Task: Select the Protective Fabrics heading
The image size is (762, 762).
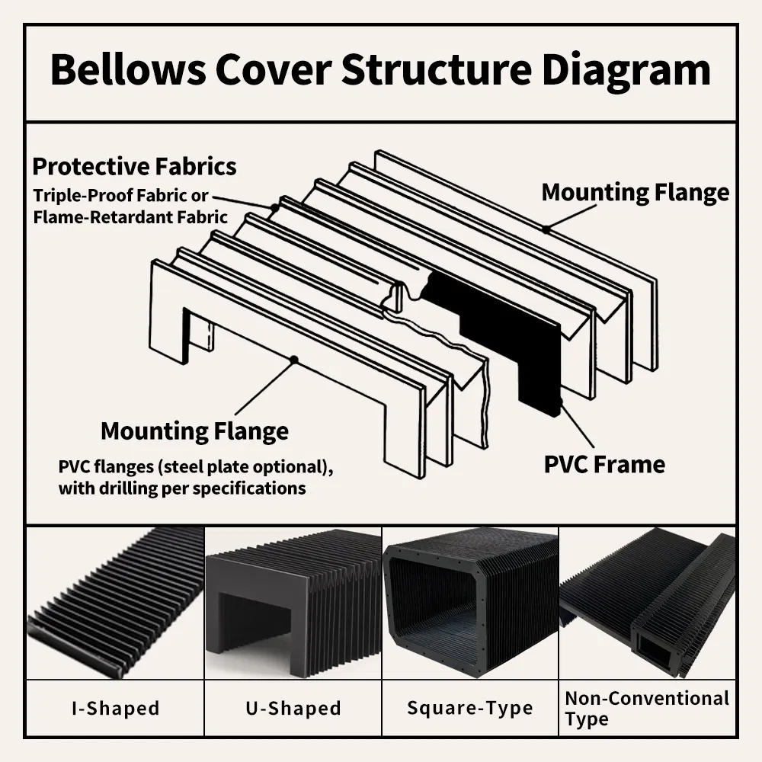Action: pos(134,166)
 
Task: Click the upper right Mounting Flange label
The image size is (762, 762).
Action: pos(635,192)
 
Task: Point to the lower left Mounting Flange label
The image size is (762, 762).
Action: pos(194,431)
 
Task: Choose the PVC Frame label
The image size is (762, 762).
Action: pos(604,464)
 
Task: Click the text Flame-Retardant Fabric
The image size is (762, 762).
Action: pos(130,217)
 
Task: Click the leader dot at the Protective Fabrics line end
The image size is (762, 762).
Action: pos(273,207)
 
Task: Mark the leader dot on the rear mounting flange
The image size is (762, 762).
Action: pos(546,228)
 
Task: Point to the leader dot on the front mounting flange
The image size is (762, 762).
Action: pos(293,357)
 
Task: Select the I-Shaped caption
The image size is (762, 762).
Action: pos(116,708)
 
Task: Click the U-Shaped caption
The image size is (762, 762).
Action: pos(293,708)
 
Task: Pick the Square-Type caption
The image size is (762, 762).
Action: pos(469,708)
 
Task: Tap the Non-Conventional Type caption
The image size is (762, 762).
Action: pos(647,708)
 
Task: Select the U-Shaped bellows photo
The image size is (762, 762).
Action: pos(293,602)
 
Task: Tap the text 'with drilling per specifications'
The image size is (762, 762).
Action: pos(182,488)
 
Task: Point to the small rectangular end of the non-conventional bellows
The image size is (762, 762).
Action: pos(654,648)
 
